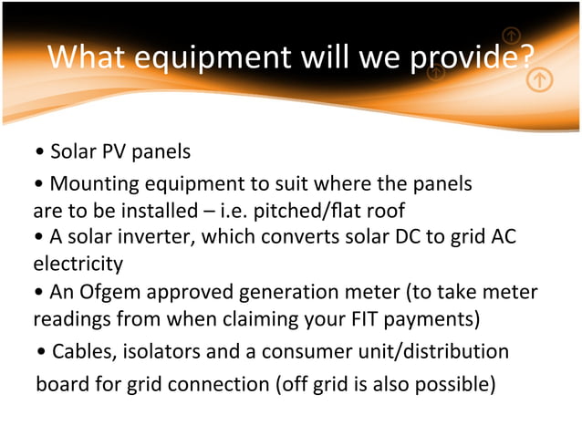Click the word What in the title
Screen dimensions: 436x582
pyautogui.click(x=88, y=58)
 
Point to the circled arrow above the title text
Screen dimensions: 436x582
pyautogui.click(x=512, y=36)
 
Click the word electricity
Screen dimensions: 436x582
pyautogui.click(x=78, y=265)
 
